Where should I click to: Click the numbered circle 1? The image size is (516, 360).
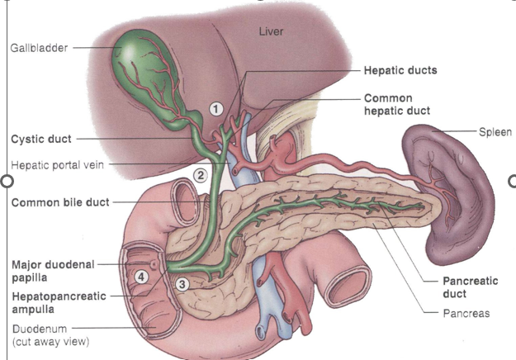(x=216, y=108)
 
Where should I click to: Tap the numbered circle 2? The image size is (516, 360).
(x=200, y=174)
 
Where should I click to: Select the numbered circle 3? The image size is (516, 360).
(x=182, y=283)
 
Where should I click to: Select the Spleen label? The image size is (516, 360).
(x=495, y=131)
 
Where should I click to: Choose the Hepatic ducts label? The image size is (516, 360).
(x=400, y=71)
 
